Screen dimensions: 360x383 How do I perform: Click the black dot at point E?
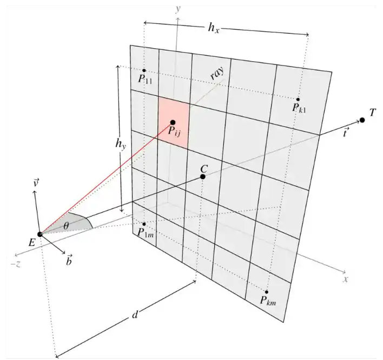tap(39, 233)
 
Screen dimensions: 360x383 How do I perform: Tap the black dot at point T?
tap(362, 120)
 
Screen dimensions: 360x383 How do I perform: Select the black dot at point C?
tap(203, 176)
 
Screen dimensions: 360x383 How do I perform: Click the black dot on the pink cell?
tap(173, 122)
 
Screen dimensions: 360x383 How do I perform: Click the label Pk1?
tap(299, 108)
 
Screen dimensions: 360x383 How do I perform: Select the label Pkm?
tap(268, 300)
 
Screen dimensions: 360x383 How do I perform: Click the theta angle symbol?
tap(66, 225)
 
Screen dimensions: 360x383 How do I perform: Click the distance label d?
tap(135, 316)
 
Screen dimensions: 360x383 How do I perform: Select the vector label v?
tap(35, 184)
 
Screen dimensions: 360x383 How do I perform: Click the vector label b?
tap(70, 261)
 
